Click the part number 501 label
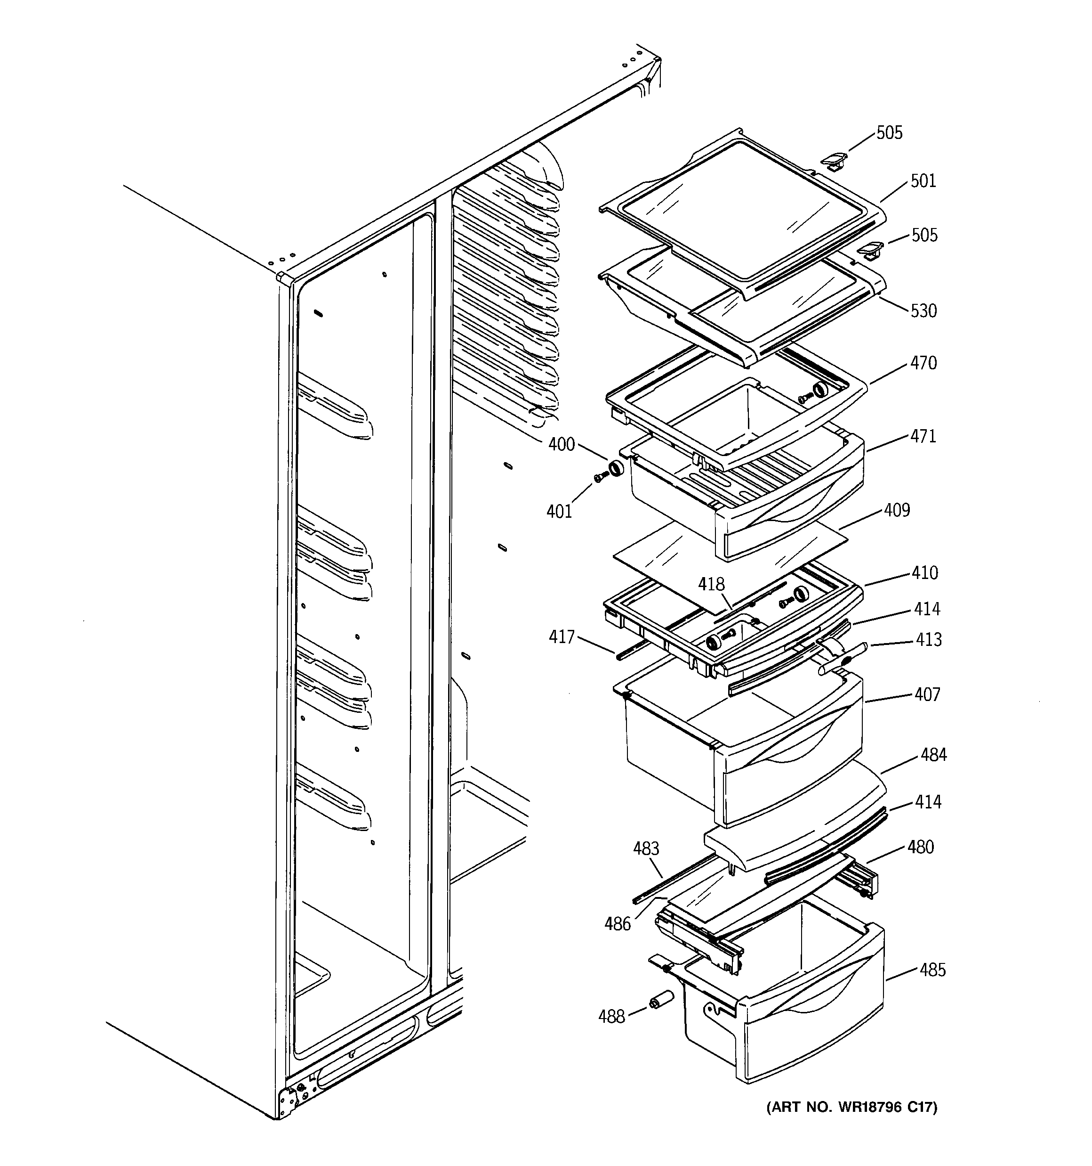pos(923,181)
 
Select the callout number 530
pos(923,311)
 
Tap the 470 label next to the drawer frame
pos(923,364)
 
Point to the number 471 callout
pos(923,436)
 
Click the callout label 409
pos(897,510)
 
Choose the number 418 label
pos(711,584)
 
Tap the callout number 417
pos(562,636)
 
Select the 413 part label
pos(929,639)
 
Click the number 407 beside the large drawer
pos(927,694)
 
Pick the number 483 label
pos(646,848)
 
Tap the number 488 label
pos(611,1017)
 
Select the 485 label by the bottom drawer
pos(932,970)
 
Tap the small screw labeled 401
pos(600,478)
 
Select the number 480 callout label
pos(920,847)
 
